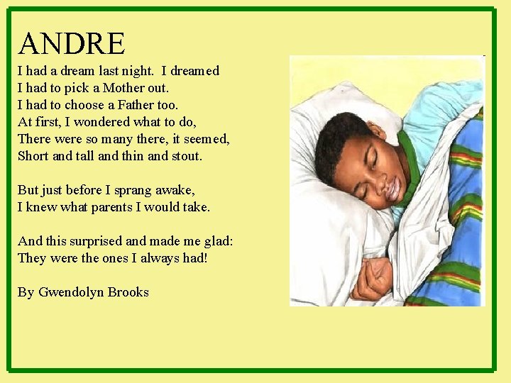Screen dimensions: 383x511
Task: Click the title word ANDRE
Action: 72,43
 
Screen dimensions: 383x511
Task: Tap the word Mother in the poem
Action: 125,88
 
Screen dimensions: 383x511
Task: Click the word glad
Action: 217,241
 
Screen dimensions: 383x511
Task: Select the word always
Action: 159,258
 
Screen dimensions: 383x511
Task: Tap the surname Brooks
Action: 128,292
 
